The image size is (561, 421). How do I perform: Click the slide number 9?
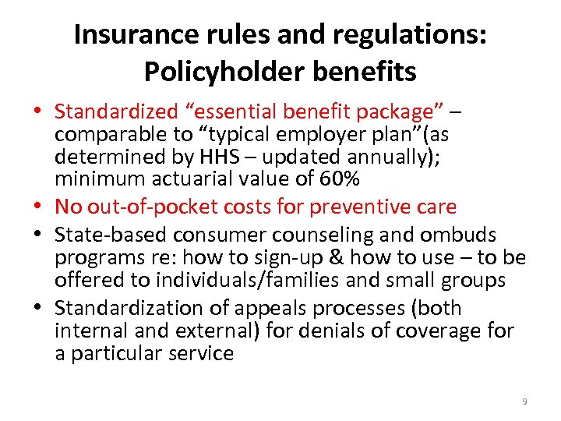pyautogui.click(x=524, y=402)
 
